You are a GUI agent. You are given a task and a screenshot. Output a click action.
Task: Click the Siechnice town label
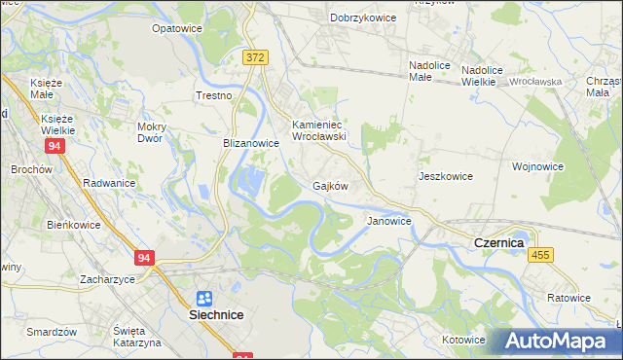click(x=215, y=316)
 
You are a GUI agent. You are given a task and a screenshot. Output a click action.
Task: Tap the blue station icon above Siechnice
click(x=204, y=299)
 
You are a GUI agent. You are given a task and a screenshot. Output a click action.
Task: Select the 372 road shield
click(x=255, y=58)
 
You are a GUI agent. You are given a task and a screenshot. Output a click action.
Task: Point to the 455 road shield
click(x=541, y=254)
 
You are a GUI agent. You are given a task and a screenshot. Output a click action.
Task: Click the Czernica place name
click(x=498, y=242)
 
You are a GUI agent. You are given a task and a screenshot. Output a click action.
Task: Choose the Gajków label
click(x=330, y=185)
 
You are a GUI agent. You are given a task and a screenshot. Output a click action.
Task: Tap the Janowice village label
click(x=389, y=221)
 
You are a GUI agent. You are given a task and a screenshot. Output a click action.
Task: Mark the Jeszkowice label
click(x=446, y=176)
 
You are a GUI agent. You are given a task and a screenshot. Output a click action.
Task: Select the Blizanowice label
click(x=251, y=142)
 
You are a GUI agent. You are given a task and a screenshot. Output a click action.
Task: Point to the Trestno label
click(x=214, y=96)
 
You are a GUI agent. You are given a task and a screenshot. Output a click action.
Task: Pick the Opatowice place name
click(x=176, y=29)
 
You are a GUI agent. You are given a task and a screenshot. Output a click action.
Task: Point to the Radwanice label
click(x=109, y=183)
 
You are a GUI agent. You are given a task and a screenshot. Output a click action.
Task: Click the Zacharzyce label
click(x=107, y=278)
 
